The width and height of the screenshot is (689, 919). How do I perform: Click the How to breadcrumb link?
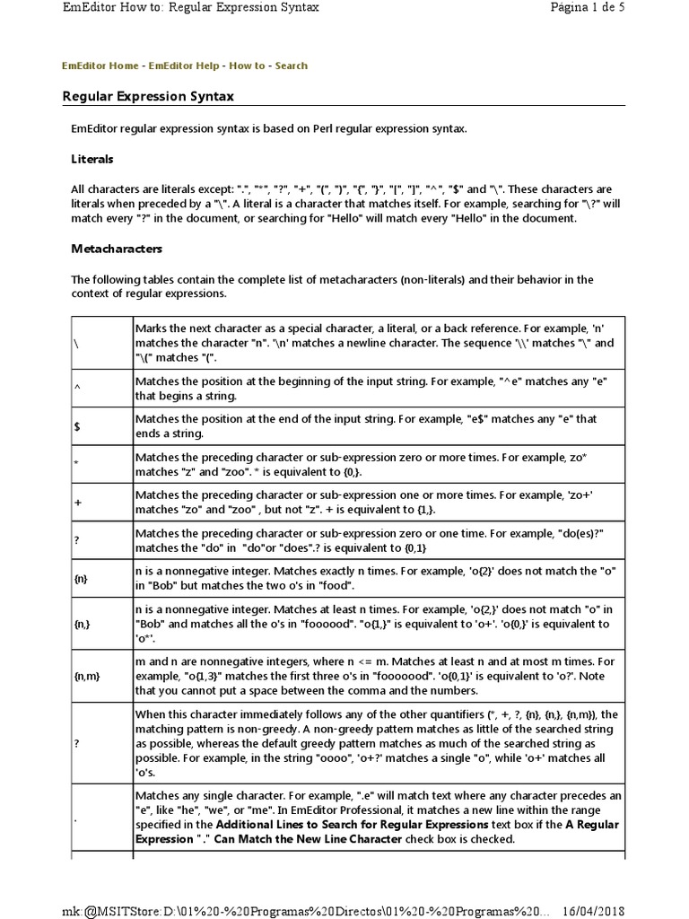[247, 66]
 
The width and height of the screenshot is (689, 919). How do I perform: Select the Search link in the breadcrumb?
[292, 66]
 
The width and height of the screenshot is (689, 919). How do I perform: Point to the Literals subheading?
[92, 159]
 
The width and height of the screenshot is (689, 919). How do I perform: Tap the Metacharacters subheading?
[117, 248]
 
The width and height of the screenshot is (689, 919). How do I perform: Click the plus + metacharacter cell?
[77, 503]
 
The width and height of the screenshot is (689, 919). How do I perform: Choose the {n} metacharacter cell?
[82, 580]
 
